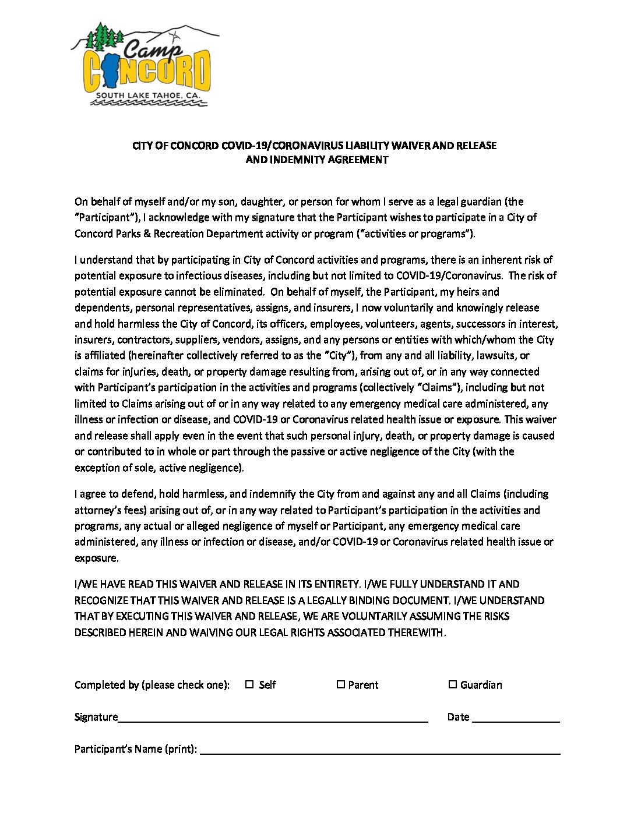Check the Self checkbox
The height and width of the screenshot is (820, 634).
pos(249,684)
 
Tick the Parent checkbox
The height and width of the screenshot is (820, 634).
pos(341,684)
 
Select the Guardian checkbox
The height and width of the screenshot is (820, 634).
pos(452,684)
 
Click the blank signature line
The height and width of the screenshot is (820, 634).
pos(273,718)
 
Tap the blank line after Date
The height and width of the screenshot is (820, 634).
pos(516,718)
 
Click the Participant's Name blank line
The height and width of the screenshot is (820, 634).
pos(380,750)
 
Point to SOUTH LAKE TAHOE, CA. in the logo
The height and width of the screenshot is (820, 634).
pos(148,95)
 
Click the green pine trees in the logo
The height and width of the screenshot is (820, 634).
pos(104,36)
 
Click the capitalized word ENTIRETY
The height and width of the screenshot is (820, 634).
pos(336,584)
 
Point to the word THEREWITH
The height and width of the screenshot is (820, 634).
pos(415,632)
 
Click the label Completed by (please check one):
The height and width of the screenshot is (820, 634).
pos(152,685)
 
